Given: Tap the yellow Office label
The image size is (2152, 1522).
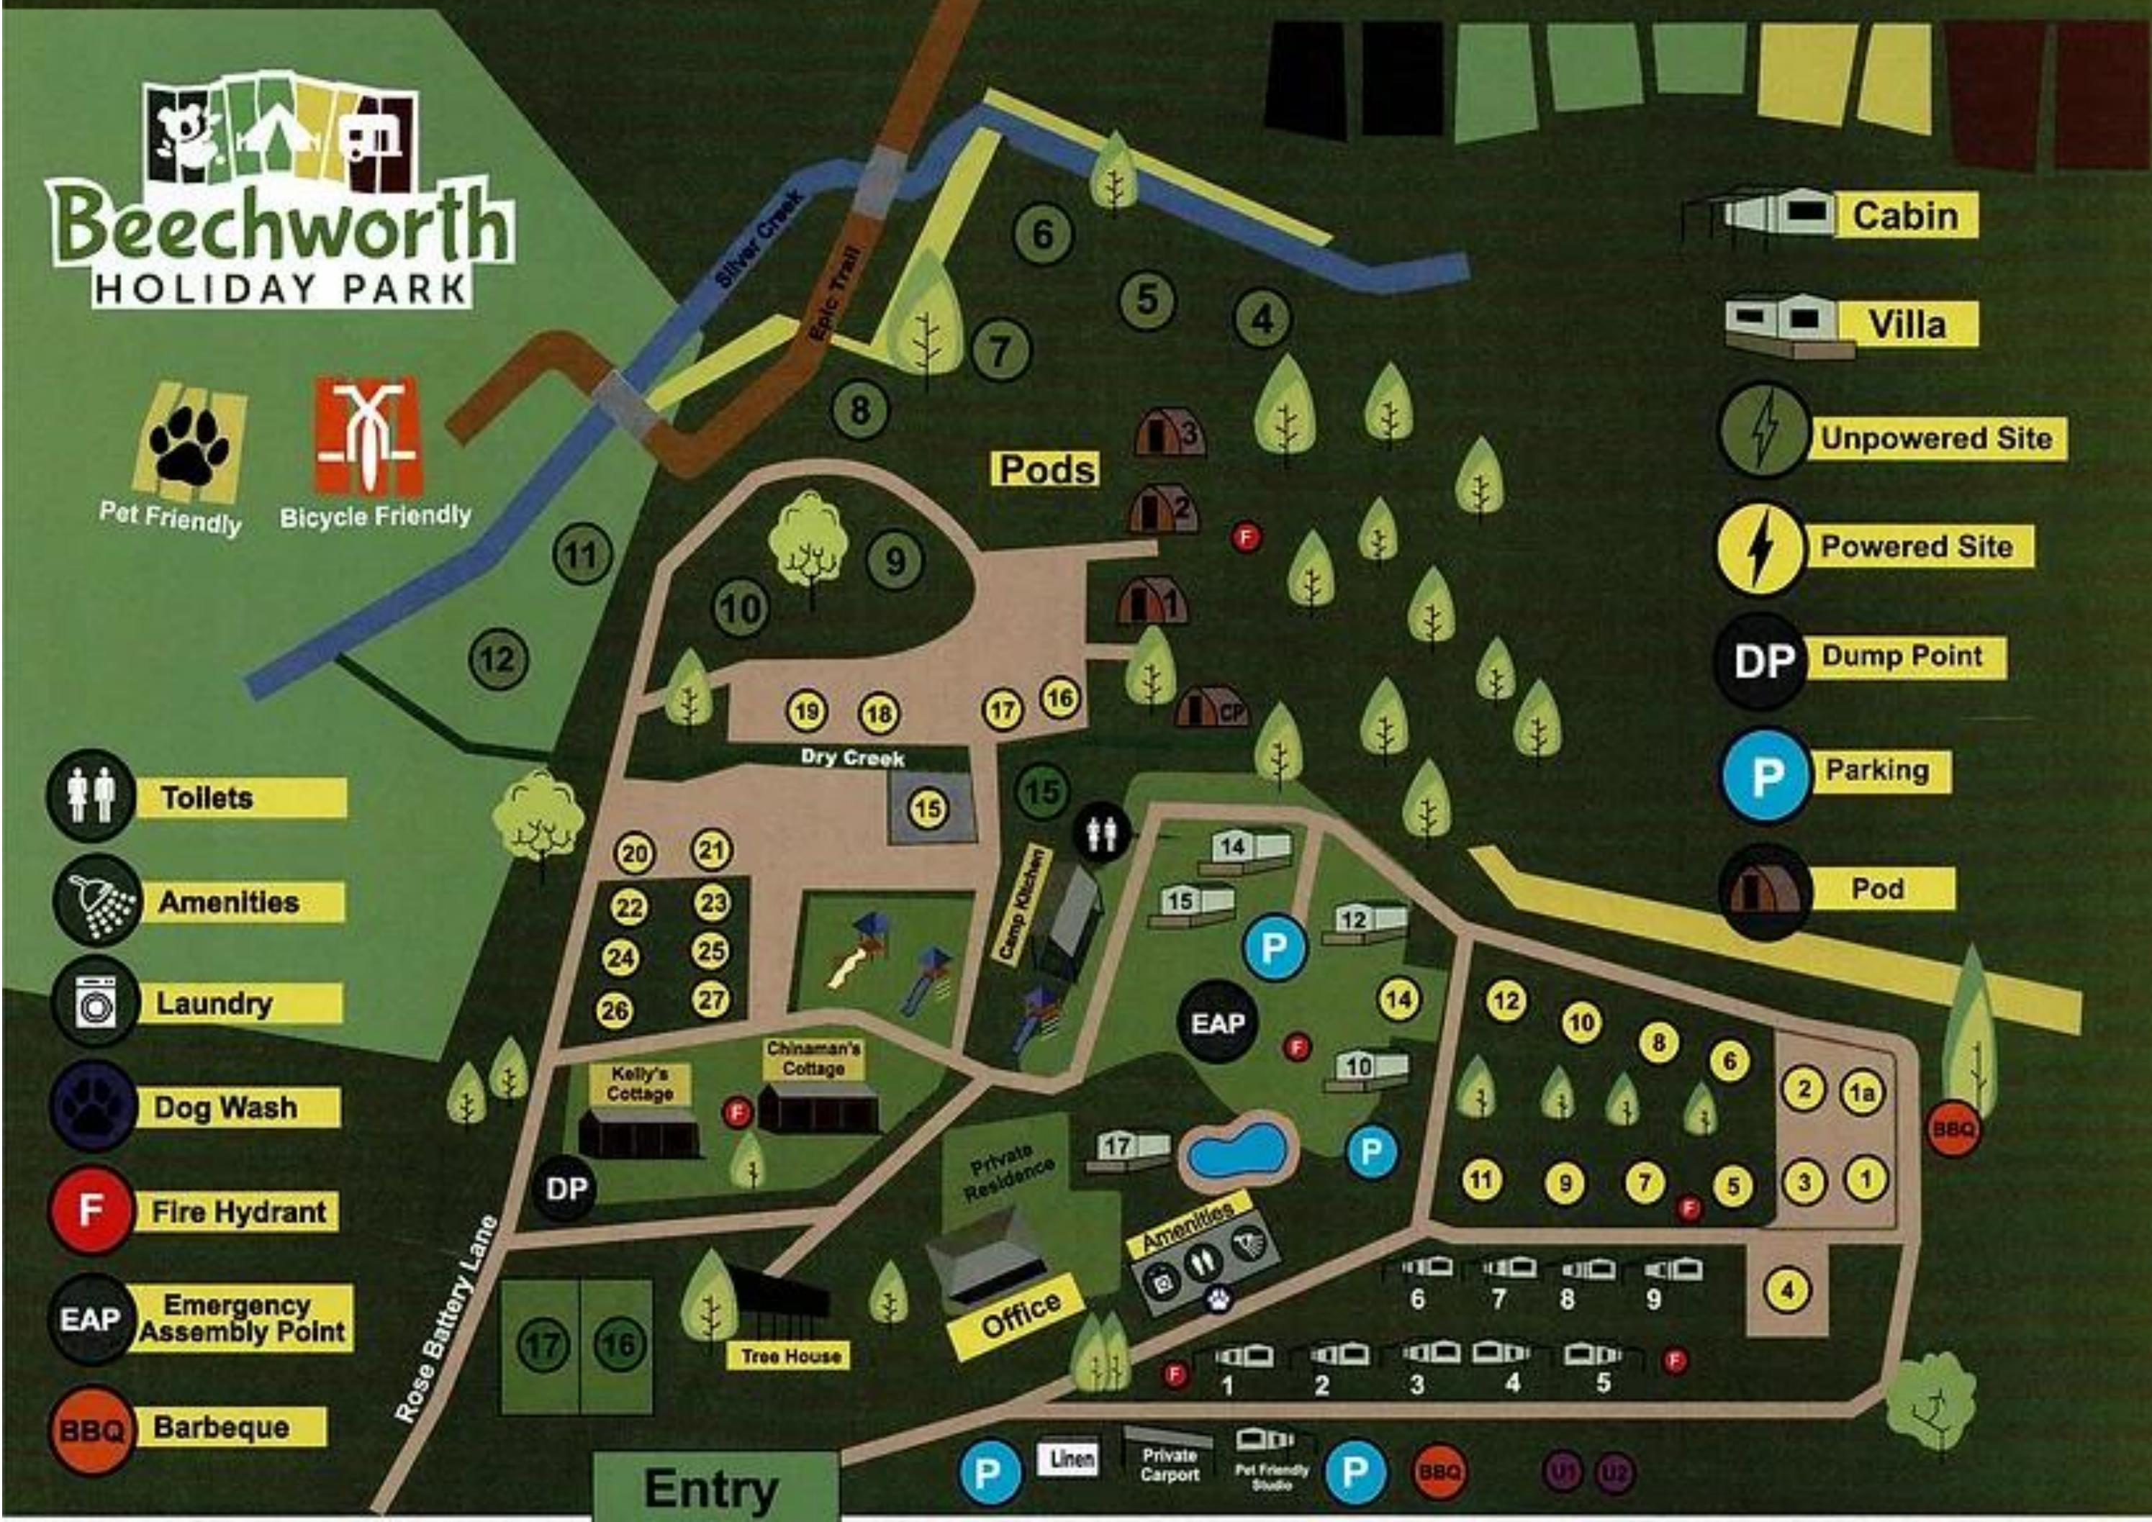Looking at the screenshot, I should pyautogui.click(x=1021, y=1315).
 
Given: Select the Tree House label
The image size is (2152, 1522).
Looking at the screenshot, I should pyautogui.click(x=790, y=1356).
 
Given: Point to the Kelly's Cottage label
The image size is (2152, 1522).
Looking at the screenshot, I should pyautogui.click(x=640, y=1084).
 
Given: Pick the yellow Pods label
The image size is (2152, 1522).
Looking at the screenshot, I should pyautogui.click(x=1046, y=468).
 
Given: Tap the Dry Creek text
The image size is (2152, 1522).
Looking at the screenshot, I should pyautogui.click(x=852, y=756).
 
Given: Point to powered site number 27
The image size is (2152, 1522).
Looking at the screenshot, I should pyautogui.click(x=711, y=999).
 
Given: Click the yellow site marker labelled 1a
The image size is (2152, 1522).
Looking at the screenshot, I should pyautogui.click(x=1861, y=1093).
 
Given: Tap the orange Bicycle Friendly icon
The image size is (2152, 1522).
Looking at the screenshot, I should pyautogui.click(x=366, y=438).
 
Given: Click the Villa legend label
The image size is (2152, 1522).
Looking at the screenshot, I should pyautogui.click(x=1907, y=325).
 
